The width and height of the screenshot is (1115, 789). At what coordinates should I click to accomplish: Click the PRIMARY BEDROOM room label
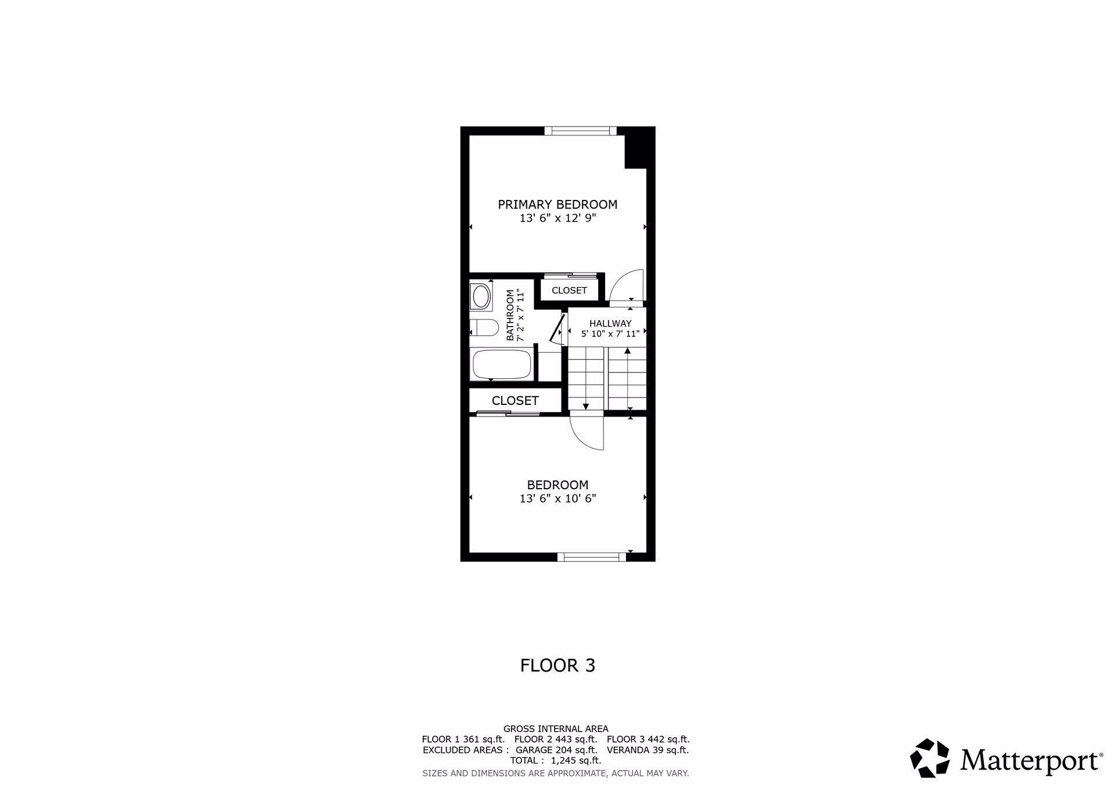pos(557,205)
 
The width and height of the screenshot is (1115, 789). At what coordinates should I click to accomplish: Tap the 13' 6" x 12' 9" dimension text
pos(557,218)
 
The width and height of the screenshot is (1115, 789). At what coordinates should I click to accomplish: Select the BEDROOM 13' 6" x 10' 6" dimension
pos(557,498)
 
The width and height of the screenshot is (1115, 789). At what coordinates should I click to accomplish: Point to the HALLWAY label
pos(610,324)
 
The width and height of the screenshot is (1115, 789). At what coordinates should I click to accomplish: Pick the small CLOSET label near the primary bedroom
pos(569,291)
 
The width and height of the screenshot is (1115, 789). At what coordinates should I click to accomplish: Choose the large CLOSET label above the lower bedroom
pos(515,400)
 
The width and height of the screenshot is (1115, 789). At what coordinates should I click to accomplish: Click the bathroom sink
pos(481,297)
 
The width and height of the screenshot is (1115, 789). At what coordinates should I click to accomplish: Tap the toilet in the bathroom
pos(484,328)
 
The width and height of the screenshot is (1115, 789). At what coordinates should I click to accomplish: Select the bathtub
pos(502,364)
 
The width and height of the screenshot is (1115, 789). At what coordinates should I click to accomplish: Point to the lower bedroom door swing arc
pos(587,431)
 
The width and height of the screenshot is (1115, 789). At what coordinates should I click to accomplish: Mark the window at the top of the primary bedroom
pos(581,131)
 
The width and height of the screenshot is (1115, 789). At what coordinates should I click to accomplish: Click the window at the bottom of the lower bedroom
pos(592,557)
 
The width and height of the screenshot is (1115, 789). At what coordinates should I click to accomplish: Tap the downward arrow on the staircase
pos(586,406)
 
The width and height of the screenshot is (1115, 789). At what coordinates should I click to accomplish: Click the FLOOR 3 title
pos(557,665)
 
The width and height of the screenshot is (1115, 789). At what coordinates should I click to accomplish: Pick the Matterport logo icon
pos(929,758)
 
